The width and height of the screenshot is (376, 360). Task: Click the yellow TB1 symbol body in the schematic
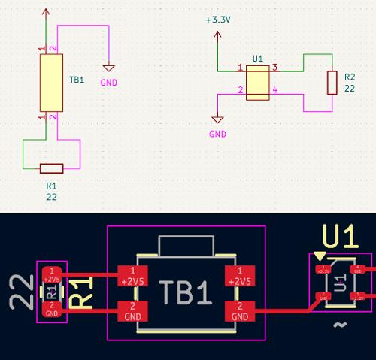click(50, 82)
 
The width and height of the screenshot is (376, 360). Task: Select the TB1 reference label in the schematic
click(77, 80)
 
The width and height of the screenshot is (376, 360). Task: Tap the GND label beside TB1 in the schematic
click(109, 82)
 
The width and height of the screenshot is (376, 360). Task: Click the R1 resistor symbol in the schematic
click(51, 168)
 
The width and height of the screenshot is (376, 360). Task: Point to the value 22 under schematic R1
click(51, 197)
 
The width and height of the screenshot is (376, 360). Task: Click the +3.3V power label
click(217, 20)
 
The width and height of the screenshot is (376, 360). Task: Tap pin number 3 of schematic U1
click(274, 68)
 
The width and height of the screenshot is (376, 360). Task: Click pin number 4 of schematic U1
click(274, 91)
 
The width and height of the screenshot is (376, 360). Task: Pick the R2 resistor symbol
click(332, 83)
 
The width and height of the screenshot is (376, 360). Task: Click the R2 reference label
click(349, 77)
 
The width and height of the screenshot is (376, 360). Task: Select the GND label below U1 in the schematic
click(217, 134)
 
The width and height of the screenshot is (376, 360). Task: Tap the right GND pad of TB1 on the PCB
click(240, 310)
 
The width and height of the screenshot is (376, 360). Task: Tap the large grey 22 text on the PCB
click(20, 293)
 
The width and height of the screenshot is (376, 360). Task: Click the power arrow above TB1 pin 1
click(47, 13)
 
